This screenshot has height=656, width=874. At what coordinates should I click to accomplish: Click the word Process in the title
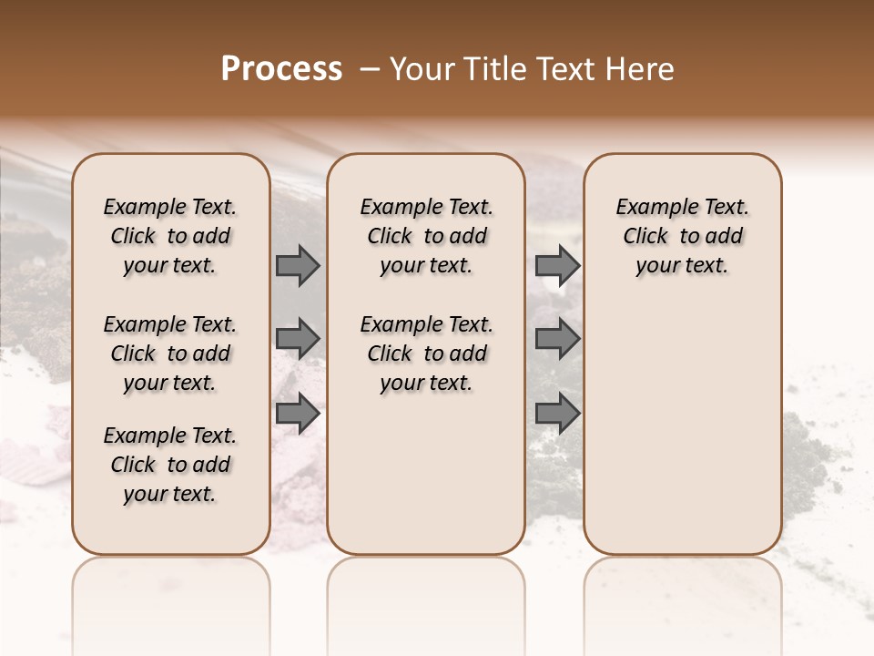pyautogui.click(x=281, y=69)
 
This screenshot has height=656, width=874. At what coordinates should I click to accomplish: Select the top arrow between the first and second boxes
pyautogui.click(x=298, y=265)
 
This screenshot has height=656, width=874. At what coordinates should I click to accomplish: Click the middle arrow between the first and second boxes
pyautogui.click(x=298, y=339)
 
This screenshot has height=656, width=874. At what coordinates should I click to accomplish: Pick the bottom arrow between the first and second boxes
pyautogui.click(x=298, y=413)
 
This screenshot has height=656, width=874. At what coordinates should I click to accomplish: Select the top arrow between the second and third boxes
pyautogui.click(x=557, y=265)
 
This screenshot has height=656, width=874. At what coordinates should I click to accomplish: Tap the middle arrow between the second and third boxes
pyautogui.click(x=557, y=339)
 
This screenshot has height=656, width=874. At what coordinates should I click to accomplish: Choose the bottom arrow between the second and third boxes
pyautogui.click(x=557, y=413)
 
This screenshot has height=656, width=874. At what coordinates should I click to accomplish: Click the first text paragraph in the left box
pyautogui.click(x=170, y=236)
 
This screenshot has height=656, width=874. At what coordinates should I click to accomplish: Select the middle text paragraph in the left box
pyautogui.click(x=170, y=354)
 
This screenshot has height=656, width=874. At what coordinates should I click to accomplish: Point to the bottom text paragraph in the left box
pyautogui.click(x=170, y=465)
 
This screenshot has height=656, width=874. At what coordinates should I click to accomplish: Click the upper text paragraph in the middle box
pyautogui.click(x=426, y=236)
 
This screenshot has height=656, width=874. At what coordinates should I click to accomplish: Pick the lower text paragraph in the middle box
pyautogui.click(x=426, y=354)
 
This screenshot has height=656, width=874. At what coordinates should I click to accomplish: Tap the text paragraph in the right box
pyautogui.click(x=683, y=236)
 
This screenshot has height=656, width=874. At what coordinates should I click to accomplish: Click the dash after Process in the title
pyautogui.click(x=370, y=69)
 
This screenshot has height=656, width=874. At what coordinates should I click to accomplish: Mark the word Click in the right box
pyautogui.click(x=645, y=236)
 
